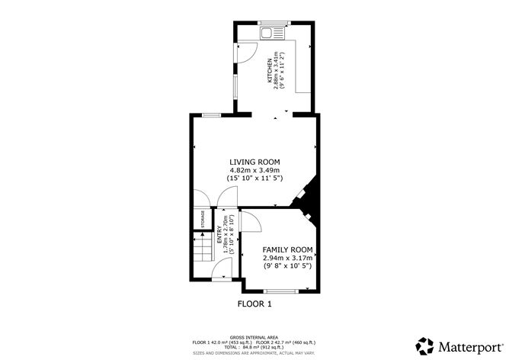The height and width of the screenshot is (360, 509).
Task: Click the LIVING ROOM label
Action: click(x=254, y=162)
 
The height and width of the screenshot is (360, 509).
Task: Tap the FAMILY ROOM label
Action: click(x=288, y=249)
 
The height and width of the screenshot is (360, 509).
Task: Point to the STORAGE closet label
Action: click(x=203, y=218)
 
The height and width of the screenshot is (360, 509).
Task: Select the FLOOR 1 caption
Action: click(x=255, y=304)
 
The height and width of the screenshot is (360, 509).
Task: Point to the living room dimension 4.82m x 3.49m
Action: click(x=254, y=169)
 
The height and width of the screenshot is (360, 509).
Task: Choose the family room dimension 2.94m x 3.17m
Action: click(x=288, y=258)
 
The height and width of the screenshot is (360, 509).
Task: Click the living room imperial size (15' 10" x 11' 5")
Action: click(x=254, y=178)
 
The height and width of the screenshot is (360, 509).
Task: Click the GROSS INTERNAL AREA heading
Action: click(x=254, y=336)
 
